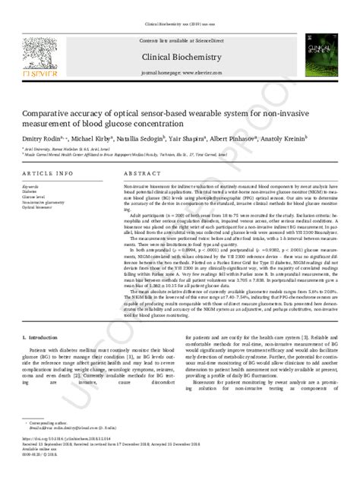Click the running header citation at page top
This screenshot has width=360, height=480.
tap(179, 6)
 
